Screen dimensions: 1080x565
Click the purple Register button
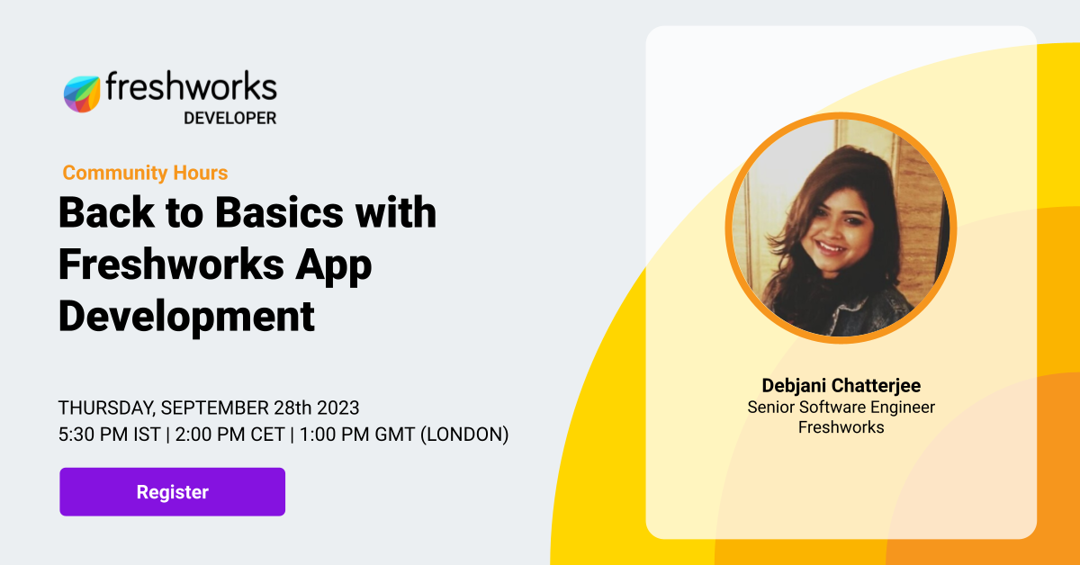(x=172, y=492)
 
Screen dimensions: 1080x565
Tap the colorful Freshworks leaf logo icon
(x=82, y=94)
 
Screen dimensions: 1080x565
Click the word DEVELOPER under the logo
(x=230, y=118)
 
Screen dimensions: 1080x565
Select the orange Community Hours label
(x=145, y=173)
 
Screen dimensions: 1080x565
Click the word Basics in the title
(x=279, y=212)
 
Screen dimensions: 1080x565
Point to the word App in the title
(x=334, y=265)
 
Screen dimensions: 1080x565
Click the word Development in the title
(x=186, y=318)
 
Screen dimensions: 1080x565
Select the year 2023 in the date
(x=337, y=408)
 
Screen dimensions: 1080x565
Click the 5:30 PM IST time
(x=110, y=435)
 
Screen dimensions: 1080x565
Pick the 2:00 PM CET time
(x=230, y=435)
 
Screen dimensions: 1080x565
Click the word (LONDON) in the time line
(x=464, y=435)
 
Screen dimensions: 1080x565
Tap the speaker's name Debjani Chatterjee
(x=841, y=386)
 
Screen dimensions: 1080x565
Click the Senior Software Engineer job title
(x=841, y=408)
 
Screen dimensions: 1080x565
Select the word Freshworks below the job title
(x=841, y=427)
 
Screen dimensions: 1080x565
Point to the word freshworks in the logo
(x=192, y=86)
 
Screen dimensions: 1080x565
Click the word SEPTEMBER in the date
(x=214, y=408)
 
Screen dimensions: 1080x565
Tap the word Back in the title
(x=106, y=212)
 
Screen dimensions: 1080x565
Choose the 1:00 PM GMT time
(x=357, y=435)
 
